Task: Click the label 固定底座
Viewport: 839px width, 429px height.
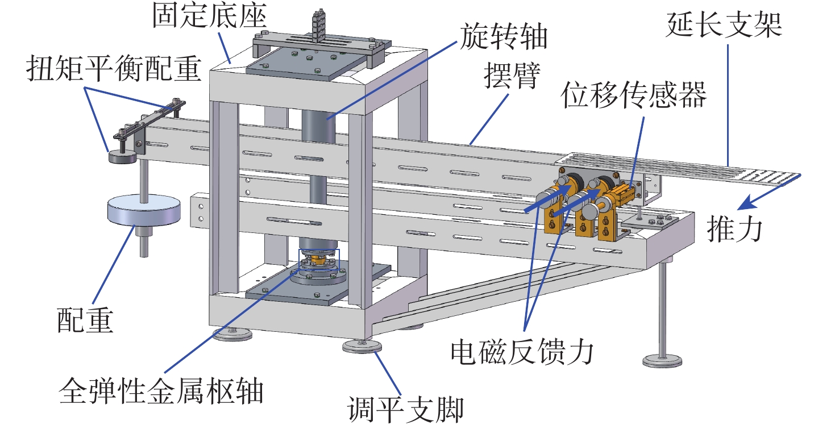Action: pos(209,18)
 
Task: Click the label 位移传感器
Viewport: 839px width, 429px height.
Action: pos(634,97)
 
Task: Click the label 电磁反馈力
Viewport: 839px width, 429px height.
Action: pos(522,353)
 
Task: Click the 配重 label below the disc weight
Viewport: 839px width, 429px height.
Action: pos(85,320)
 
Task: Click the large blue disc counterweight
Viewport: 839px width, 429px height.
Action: pos(144,211)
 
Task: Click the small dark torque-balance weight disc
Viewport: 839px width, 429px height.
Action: pos(123,156)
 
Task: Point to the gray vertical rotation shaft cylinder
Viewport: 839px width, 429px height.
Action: pos(319,148)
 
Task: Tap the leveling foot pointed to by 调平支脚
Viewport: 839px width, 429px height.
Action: pos(362,346)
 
